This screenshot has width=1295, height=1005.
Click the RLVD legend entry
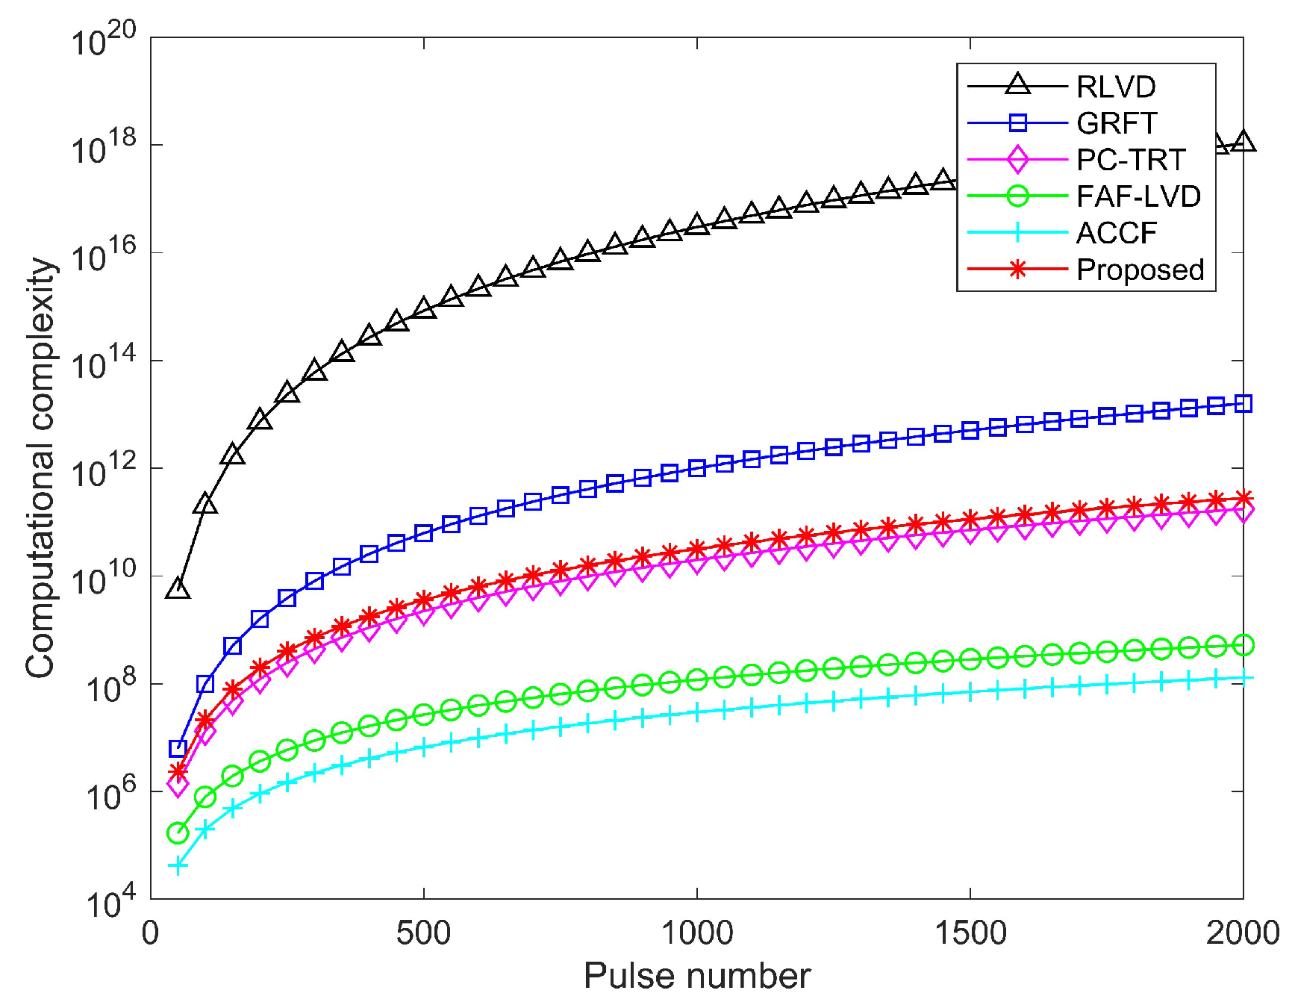(x=1115, y=87)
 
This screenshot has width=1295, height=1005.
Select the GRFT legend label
(x=1116, y=124)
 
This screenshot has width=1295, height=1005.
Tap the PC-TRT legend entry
(x=1130, y=160)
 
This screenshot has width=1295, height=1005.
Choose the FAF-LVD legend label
(x=1138, y=196)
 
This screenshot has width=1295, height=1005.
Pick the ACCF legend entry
(x=1116, y=233)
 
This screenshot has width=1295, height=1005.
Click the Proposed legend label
(x=1140, y=270)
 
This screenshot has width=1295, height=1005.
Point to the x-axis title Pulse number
(x=696, y=976)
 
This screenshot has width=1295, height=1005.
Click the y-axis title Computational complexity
(x=40, y=468)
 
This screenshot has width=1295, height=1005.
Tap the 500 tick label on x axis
(x=423, y=933)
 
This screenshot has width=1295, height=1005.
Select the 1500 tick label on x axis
(x=970, y=933)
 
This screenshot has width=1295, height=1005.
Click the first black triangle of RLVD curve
(x=178, y=588)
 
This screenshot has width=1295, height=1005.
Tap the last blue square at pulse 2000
(x=1243, y=404)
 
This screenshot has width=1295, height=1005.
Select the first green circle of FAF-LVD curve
(x=178, y=833)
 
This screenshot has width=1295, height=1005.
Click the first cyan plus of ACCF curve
(x=178, y=866)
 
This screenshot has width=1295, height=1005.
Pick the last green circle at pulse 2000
(x=1243, y=645)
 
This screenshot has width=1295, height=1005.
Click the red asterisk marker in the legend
(x=1017, y=270)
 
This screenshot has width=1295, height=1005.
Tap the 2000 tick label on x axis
(x=1242, y=933)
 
